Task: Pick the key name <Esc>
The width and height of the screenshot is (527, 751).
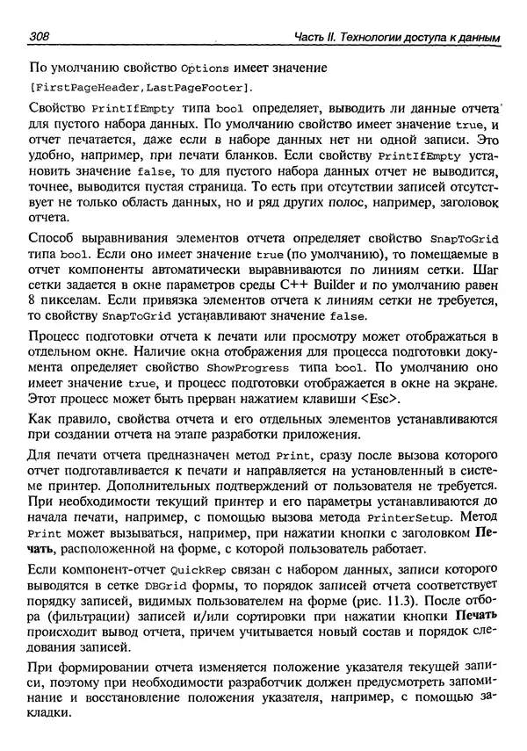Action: (382, 400)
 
